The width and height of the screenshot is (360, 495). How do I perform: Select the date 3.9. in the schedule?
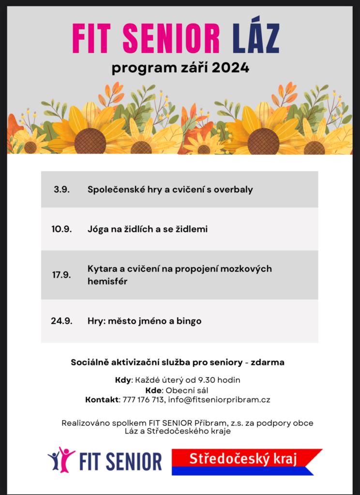[x=61, y=189]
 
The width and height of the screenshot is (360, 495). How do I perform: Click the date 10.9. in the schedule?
[x=61, y=229]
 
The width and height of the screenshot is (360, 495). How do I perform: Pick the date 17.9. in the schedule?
[x=61, y=275]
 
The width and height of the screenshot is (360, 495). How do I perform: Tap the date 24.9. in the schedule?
[x=61, y=321]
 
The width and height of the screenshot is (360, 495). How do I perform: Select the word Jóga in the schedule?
[x=98, y=229]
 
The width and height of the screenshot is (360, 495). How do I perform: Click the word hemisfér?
[x=107, y=281]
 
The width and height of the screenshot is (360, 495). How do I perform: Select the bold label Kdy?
[x=123, y=380]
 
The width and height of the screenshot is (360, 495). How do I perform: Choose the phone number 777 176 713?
[x=143, y=400]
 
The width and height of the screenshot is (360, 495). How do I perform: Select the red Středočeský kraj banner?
[x=247, y=458]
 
